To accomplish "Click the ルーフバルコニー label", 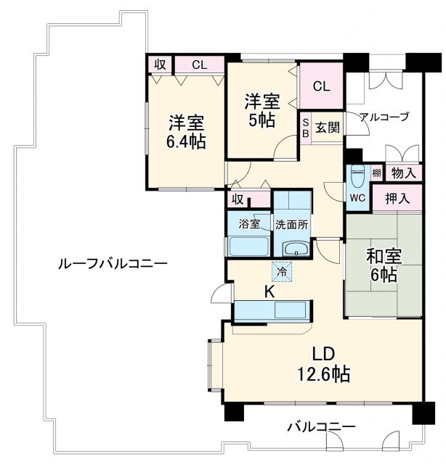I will (x=112, y=264).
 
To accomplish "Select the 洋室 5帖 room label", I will (x=259, y=109).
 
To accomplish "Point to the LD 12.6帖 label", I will (x=322, y=365).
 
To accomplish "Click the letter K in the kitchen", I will (x=269, y=292).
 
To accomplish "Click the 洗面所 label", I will (x=291, y=224).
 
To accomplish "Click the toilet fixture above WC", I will (x=356, y=175).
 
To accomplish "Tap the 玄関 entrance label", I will (x=328, y=128).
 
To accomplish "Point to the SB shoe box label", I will (x=306, y=128).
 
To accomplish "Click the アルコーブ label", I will (x=384, y=116).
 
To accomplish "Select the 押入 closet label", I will (x=397, y=197).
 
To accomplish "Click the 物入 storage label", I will (x=403, y=173).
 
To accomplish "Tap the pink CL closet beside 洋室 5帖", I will (x=321, y=86).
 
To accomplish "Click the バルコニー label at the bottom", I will (x=320, y=426).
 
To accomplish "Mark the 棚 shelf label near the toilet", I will (x=376, y=173).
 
